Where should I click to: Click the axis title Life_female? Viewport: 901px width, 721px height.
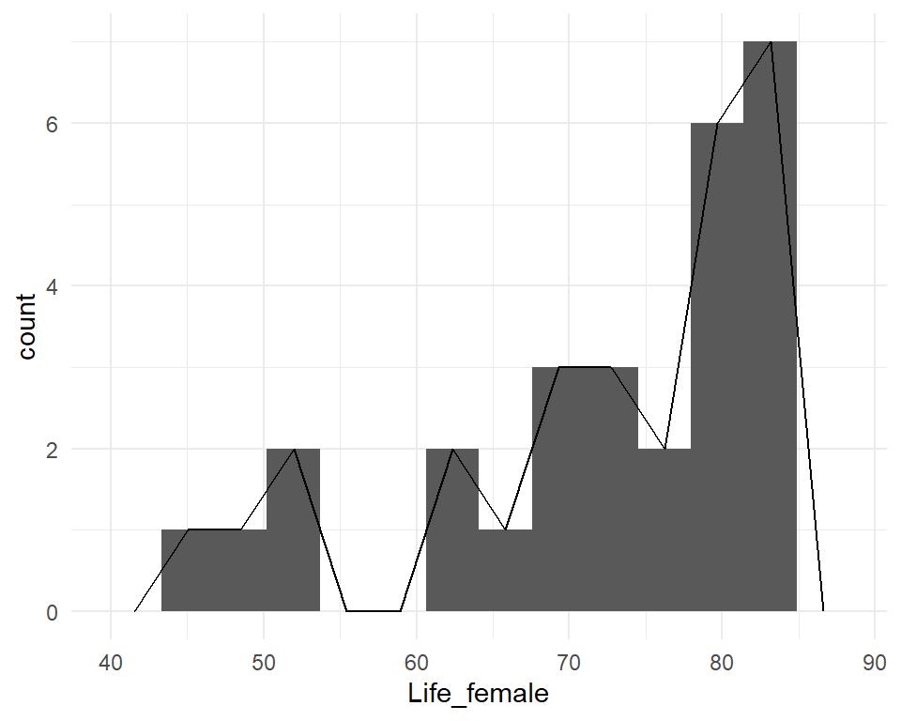click(478, 695)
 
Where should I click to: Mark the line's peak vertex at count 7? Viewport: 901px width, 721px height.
click(771, 41)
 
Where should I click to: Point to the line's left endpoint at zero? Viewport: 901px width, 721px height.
click(135, 611)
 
